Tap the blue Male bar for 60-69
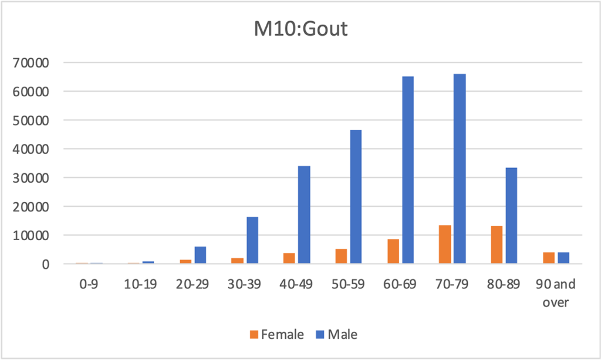click(408, 170)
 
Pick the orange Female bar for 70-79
click(445, 244)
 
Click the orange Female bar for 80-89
click(497, 245)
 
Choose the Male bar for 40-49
click(304, 215)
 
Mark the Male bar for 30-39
click(252, 240)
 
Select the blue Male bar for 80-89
click(511, 216)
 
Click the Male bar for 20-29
click(201, 255)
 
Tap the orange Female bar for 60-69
click(393, 251)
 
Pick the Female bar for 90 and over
click(548, 258)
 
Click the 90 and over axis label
click(555, 291)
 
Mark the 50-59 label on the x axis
click(348, 284)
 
